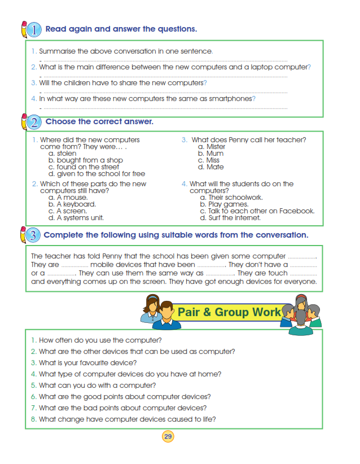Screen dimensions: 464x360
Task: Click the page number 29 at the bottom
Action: (x=168, y=436)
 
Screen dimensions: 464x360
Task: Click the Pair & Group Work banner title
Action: (x=229, y=312)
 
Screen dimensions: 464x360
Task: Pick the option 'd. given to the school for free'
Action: (x=96, y=174)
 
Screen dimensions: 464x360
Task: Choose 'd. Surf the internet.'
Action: (x=230, y=218)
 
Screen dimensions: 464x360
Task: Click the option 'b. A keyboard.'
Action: (x=72, y=204)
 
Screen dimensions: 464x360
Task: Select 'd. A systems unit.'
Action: (x=76, y=218)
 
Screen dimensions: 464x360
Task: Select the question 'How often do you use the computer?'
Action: (x=100, y=340)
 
